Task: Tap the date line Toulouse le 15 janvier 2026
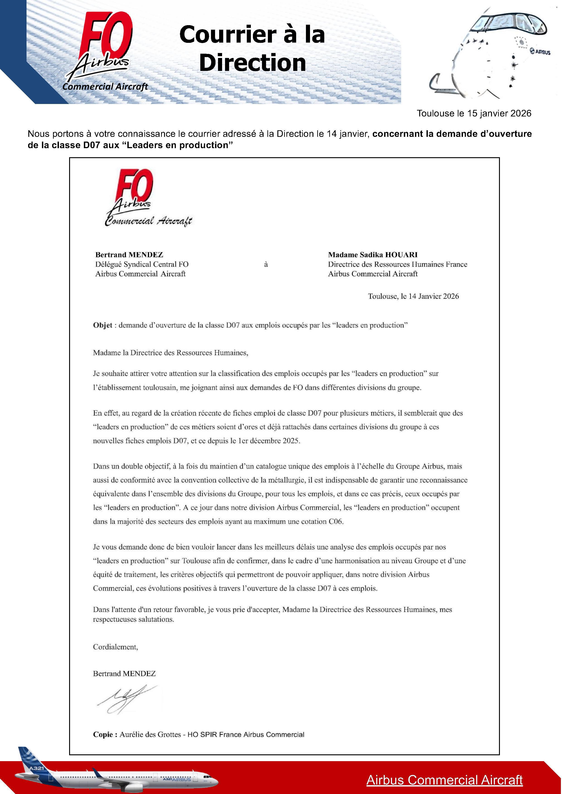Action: (x=474, y=113)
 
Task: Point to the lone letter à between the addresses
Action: (x=266, y=265)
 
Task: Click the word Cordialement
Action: (x=115, y=647)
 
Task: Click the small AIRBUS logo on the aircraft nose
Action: (x=540, y=52)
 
